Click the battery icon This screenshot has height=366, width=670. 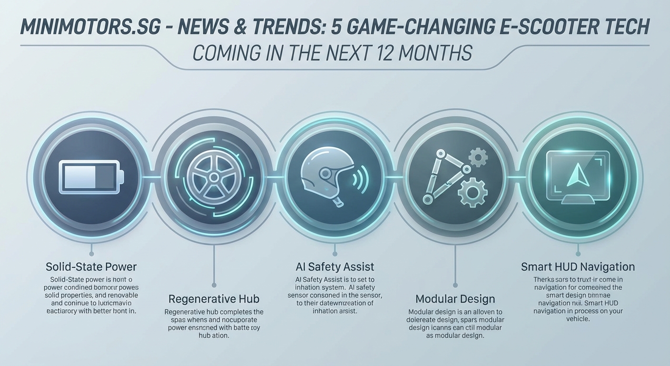coord(91,177)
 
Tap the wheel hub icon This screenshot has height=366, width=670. coord(214,177)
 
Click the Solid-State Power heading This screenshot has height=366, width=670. coord(91,266)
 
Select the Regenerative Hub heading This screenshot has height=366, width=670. coord(214,299)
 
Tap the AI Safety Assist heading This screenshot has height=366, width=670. coord(335,266)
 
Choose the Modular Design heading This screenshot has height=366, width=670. coord(455,299)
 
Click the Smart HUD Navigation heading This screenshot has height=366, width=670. coord(578,266)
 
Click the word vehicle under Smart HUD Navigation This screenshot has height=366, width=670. coord(578,319)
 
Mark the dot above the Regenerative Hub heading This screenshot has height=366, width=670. coord(214,285)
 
